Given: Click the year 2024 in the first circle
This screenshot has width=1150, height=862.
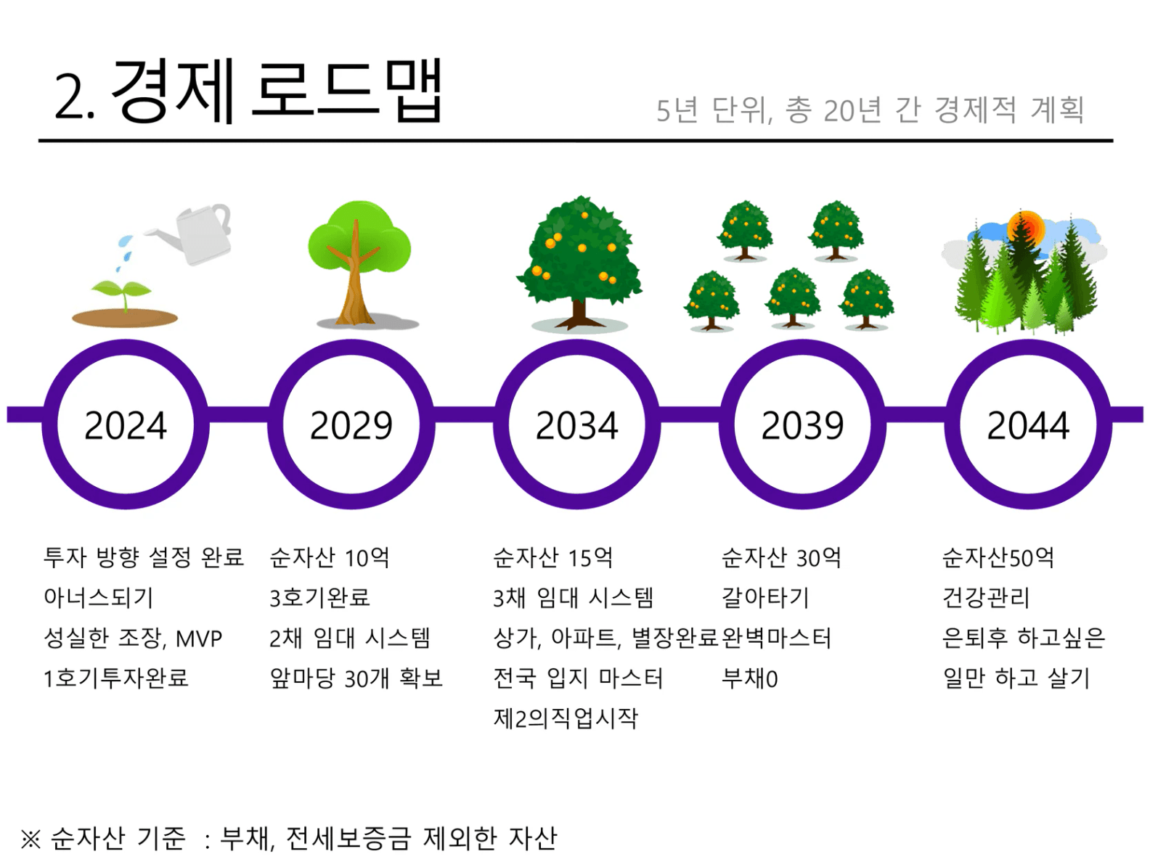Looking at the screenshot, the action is pos(125,425).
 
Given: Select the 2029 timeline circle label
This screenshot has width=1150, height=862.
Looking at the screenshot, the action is pos(351,425).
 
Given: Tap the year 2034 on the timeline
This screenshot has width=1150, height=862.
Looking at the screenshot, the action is pos(577,425).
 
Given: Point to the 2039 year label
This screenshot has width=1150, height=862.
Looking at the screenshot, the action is pos(803,425).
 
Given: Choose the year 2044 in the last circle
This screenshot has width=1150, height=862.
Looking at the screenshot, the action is pos(1028,425).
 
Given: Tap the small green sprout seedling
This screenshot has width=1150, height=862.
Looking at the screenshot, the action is pos(122,294).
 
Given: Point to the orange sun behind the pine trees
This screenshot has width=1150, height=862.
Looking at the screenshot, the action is pos(1027,229).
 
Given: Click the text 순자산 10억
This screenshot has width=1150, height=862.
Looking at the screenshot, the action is pos(330,557).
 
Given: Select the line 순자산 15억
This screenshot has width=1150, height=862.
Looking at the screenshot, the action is pos(552,557).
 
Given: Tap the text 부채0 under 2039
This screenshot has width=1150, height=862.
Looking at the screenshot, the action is pos(750,678).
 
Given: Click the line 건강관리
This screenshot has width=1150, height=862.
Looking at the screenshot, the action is pos(986,598).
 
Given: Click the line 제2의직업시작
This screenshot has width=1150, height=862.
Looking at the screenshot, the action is pos(566,718).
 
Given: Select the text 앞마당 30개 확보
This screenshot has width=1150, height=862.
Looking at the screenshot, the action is pos(356,678).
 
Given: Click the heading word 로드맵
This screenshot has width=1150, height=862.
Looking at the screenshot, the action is pos(347,90).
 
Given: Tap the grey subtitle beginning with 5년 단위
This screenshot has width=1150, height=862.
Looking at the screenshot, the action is pos(870,110).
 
